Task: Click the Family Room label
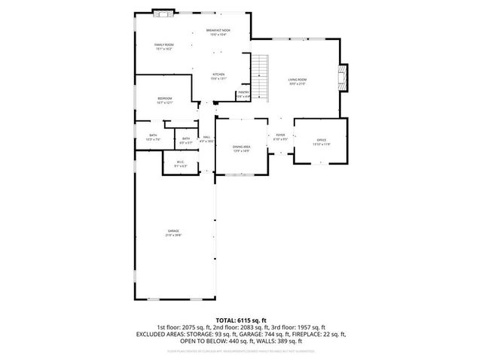pos(164,45)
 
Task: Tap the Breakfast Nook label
pos(218,30)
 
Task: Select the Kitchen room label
pos(218,74)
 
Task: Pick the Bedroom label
pos(164,99)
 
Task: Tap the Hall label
pos(206,137)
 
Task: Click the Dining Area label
pos(241,147)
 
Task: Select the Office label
pos(320,141)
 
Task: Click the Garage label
pos(173,231)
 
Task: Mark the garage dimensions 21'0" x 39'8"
pos(173,235)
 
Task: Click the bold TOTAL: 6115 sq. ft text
pos(240,320)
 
